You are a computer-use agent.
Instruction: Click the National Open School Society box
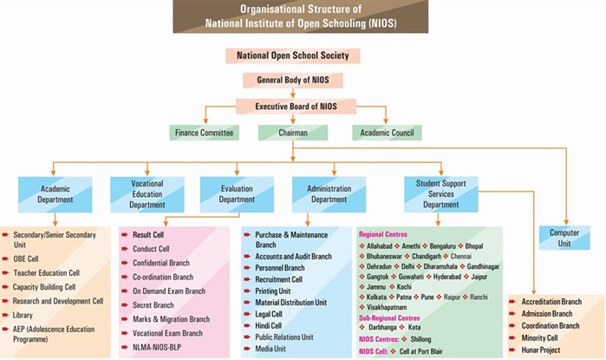292,56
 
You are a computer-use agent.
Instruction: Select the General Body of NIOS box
292,81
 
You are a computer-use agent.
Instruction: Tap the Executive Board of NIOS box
292,106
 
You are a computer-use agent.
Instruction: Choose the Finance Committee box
204,133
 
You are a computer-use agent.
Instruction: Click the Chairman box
292,133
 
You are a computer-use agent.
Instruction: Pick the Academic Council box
387,133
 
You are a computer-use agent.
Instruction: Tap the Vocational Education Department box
147,191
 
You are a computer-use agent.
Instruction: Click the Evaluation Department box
237,191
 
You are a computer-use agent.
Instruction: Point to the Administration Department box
329,192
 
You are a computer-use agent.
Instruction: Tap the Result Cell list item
148,235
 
